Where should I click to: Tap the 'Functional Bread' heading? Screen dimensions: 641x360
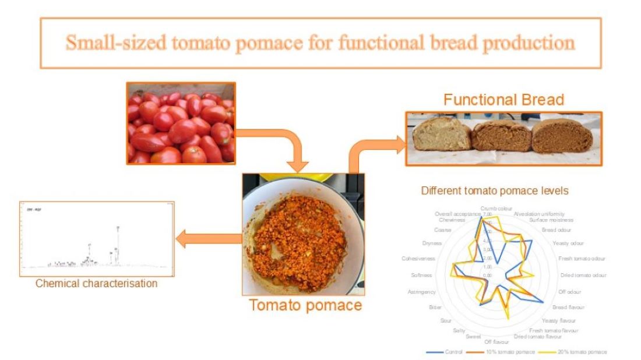coord(503,100)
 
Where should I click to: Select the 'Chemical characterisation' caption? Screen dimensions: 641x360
coord(96,284)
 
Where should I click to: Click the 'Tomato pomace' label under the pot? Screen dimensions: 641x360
coord(306,305)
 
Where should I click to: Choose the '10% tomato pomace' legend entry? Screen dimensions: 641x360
coord(512,352)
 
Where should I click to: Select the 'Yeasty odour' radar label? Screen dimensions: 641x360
coord(568,243)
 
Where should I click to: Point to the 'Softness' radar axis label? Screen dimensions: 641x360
coord(421,275)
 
